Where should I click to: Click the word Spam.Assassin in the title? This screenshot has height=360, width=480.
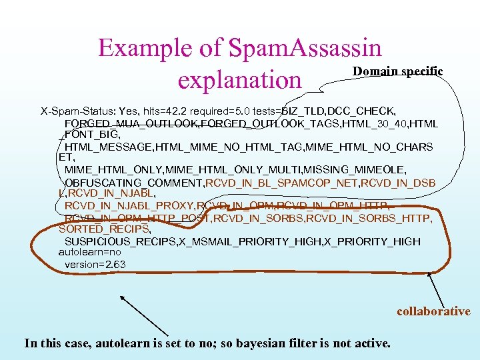pos(305,48)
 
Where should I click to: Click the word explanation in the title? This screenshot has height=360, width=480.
pos(239,79)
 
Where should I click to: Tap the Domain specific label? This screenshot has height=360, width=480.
pos(397,71)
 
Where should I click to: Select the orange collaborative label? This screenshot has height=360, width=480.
pos(433,311)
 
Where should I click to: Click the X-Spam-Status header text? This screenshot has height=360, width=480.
pos(78,110)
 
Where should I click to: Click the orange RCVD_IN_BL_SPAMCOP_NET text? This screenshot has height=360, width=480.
pos(279,183)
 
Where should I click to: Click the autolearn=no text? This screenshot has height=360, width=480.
pos(90,253)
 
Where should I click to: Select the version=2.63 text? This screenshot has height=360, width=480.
pos(95,265)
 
